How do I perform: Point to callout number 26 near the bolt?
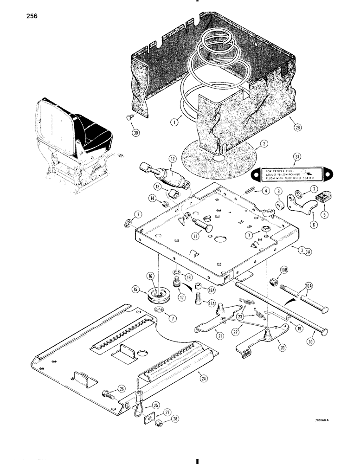122,389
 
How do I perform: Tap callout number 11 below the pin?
191,236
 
